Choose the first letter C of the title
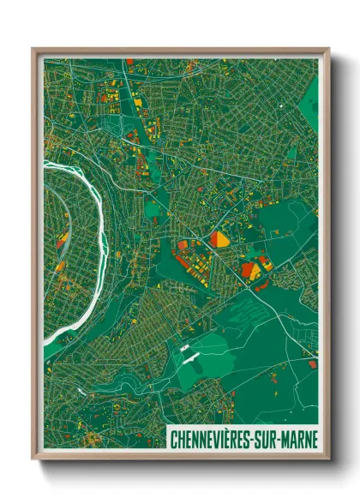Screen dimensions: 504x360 pyautogui.click(x=175, y=439)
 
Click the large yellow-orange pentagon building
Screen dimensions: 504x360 pyautogui.click(x=219, y=239)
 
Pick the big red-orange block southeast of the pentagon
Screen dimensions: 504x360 pyautogui.click(x=251, y=270)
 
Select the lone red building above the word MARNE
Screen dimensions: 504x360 pyautogui.click(x=311, y=364)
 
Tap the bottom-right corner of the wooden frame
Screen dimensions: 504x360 pyautogui.click(x=327, y=459)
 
